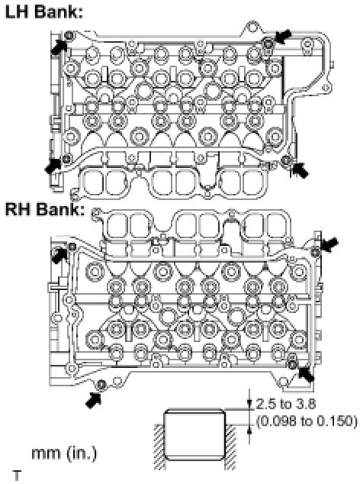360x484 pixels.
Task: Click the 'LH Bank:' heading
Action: (44, 11)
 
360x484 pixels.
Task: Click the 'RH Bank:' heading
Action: (45, 209)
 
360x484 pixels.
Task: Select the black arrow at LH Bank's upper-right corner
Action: (282, 36)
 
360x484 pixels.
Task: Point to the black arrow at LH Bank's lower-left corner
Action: (53, 166)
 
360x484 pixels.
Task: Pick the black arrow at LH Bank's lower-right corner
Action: (300, 170)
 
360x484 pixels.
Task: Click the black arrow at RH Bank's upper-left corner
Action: (59, 256)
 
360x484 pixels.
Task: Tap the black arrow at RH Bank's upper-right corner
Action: (329, 244)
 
